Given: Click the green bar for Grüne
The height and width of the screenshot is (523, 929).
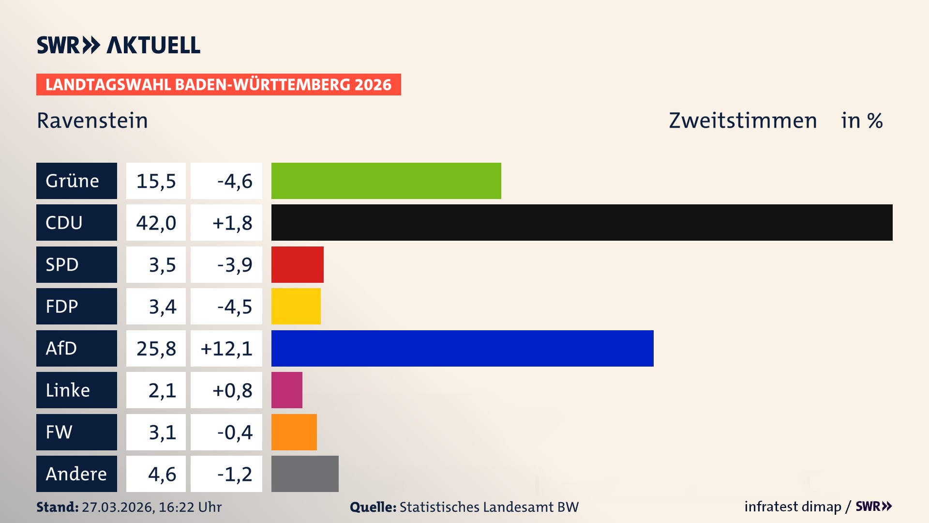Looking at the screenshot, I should [x=386, y=181].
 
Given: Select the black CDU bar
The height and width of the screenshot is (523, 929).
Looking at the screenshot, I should [x=582, y=222].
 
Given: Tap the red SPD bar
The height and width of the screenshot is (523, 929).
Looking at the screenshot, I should [x=297, y=264].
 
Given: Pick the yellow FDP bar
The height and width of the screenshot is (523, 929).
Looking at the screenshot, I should [x=296, y=306].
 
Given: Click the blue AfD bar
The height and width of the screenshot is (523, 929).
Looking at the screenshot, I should [x=462, y=348].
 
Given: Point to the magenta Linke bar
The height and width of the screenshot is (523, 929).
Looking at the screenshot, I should [x=286, y=390].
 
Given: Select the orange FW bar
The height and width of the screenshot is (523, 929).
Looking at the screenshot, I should [x=294, y=432].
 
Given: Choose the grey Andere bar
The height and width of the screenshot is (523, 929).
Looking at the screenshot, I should [x=305, y=474].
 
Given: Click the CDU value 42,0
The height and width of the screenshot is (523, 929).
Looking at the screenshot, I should [x=156, y=223].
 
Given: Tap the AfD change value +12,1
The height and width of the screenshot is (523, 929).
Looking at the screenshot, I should [x=226, y=349].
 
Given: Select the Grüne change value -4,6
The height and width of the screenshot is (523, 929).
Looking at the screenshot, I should [x=235, y=181].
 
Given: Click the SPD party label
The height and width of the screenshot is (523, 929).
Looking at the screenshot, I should [x=62, y=265].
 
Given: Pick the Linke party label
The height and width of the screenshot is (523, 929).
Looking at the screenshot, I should [x=68, y=390].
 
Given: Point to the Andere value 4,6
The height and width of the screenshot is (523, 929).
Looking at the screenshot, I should [x=162, y=474].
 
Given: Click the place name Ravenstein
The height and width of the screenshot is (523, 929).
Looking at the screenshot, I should [x=92, y=121].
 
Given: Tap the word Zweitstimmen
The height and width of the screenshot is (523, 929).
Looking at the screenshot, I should [x=743, y=121].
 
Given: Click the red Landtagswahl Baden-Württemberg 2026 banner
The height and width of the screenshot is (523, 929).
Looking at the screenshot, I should [x=218, y=85].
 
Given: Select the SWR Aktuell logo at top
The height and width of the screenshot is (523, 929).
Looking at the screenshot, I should [x=118, y=45].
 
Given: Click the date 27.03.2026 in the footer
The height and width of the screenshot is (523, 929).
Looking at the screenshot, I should [x=118, y=507].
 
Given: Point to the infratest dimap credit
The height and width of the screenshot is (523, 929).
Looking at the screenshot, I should [x=793, y=507].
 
